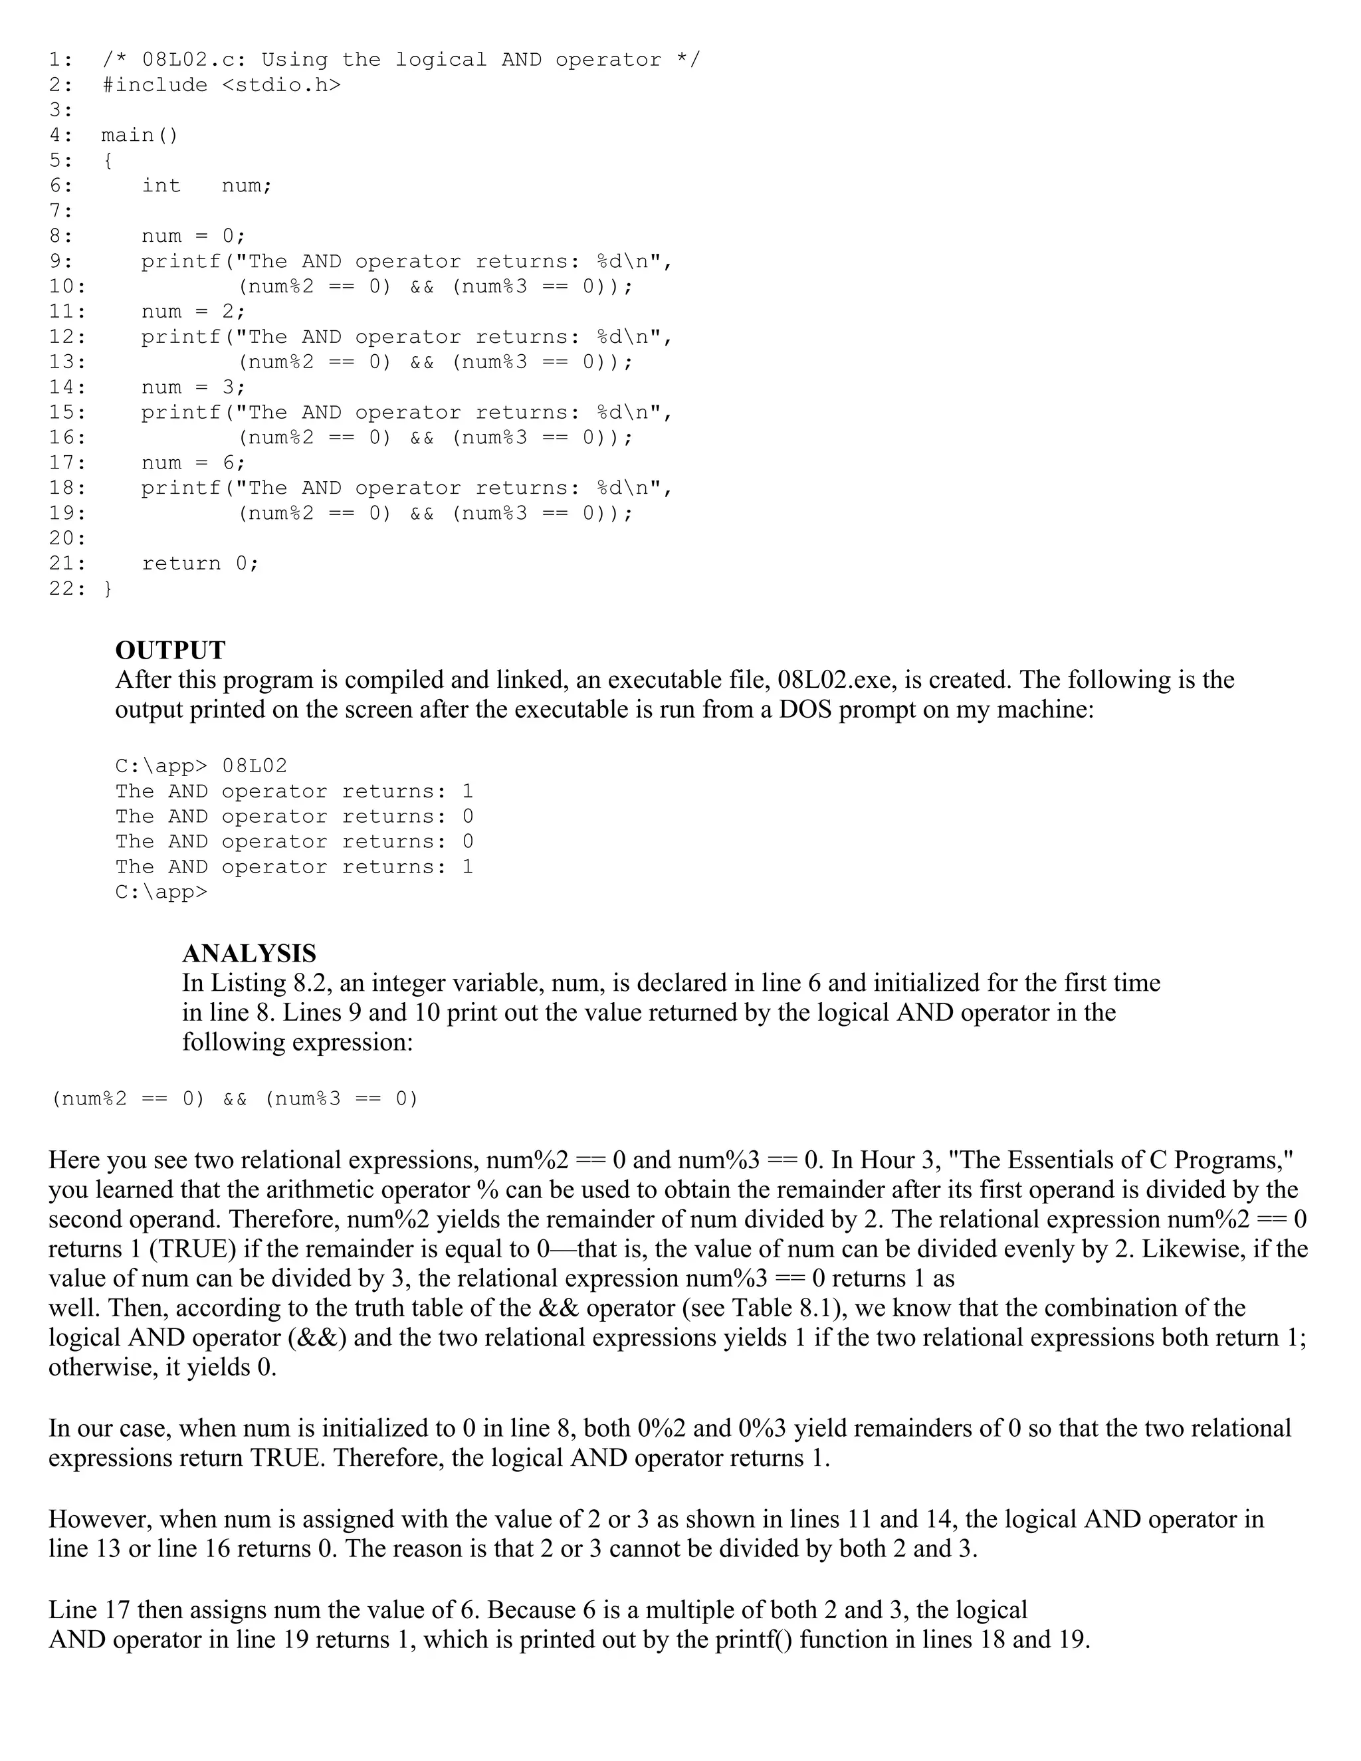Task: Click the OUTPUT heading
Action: click(x=170, y=650)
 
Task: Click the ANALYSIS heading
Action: click(x=249, y=953)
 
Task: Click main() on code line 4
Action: click(x=140, y=135)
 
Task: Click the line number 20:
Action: click(x=67, y=538)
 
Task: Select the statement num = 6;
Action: click(x=193, y=463)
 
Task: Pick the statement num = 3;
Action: click(x=193, y=387)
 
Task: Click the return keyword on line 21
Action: click(x=181, y=564)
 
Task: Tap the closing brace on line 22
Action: click(x=108, y=589)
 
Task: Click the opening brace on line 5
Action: click(x=108, y=160)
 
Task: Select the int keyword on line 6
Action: click(x=161, y=185)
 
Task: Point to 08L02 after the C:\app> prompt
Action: click(x=254, y=766)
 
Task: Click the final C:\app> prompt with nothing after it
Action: click(x=160, y=892)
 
